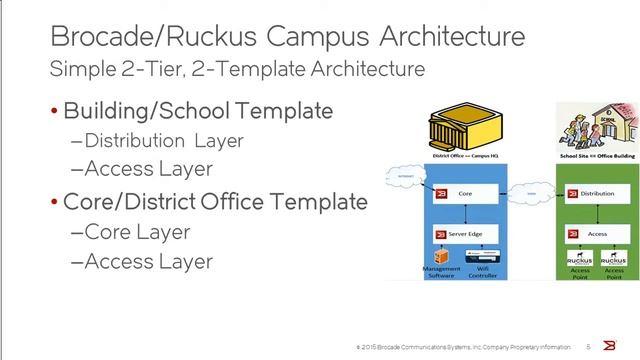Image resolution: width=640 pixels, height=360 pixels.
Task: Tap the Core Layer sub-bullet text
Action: [x=130, y=232]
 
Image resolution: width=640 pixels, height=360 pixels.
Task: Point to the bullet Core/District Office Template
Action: [x=215, y=202]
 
